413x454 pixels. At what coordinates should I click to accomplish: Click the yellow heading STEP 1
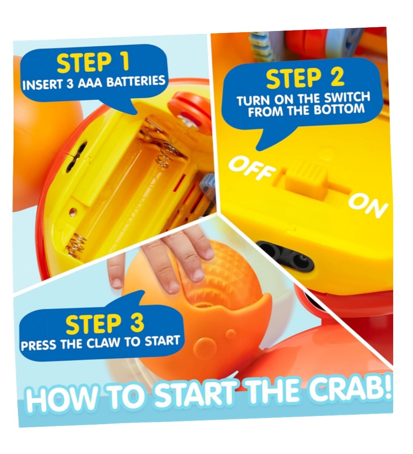click(93, 63)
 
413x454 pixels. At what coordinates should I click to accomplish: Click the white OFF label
click(252, 168)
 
